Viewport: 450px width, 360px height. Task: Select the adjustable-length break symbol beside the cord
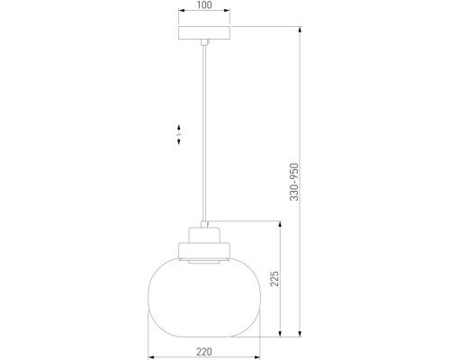(x=179, y=135)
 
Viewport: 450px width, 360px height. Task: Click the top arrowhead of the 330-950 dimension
(x=300, y=30)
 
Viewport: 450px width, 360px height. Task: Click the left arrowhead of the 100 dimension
(x=180, y=13)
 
